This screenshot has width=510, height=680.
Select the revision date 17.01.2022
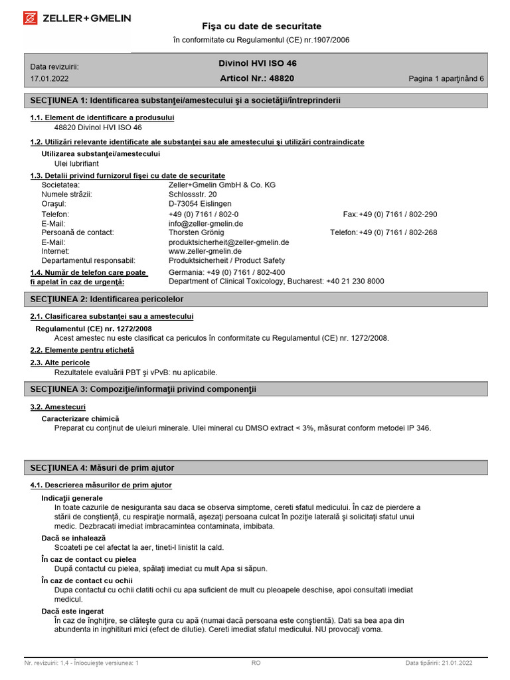(x=49, y=78)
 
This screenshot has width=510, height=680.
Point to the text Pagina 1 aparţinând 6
(x=446, y=78)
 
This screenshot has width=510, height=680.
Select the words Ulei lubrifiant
(x=76, y=163)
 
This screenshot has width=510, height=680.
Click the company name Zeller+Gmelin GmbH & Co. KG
(x=222, y=185)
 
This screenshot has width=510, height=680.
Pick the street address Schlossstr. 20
(x=193, y=194)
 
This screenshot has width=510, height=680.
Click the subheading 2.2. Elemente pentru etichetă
(x=82, y=349)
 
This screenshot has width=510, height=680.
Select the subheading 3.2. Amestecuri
(x=58, y=406)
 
